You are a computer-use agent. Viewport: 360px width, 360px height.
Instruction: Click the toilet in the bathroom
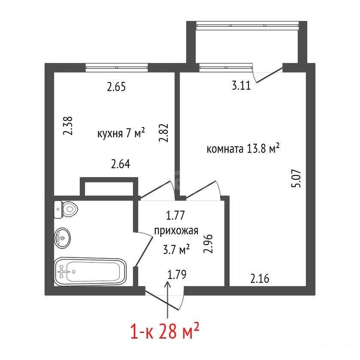[66, 209]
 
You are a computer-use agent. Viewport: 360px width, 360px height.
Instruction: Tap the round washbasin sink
[63, 238]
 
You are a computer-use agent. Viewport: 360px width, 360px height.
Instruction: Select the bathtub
[90, 272]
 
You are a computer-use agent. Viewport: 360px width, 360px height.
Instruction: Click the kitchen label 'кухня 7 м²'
[121, 133]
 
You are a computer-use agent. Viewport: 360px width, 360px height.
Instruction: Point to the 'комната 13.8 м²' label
[243, 148]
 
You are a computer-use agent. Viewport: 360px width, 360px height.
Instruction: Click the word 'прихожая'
[176, 231]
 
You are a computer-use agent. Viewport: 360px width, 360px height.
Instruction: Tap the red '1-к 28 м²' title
[165, 331]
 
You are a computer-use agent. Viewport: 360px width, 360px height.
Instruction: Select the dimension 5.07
[296, 178]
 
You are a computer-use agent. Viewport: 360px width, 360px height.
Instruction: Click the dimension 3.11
[241, 86]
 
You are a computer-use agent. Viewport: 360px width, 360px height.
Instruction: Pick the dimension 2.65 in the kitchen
[116, 87]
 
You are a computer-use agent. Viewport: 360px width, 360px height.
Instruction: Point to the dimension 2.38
[68, 126]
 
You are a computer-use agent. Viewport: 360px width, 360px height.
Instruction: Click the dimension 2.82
[164, 133]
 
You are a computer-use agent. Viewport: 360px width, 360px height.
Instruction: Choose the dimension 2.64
[121, 164]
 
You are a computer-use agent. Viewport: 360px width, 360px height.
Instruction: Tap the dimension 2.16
[260, 279]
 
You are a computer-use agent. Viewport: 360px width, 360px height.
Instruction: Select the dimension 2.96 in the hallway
[208, 244]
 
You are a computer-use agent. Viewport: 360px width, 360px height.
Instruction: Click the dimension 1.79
[177, 275]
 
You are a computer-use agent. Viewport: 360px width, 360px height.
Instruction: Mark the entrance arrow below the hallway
[168, 300]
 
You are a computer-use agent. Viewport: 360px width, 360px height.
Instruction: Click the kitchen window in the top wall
[117, 67]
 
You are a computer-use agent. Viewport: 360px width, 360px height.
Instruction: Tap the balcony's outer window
[247, 25]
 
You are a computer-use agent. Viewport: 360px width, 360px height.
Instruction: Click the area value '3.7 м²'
[176, 249]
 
